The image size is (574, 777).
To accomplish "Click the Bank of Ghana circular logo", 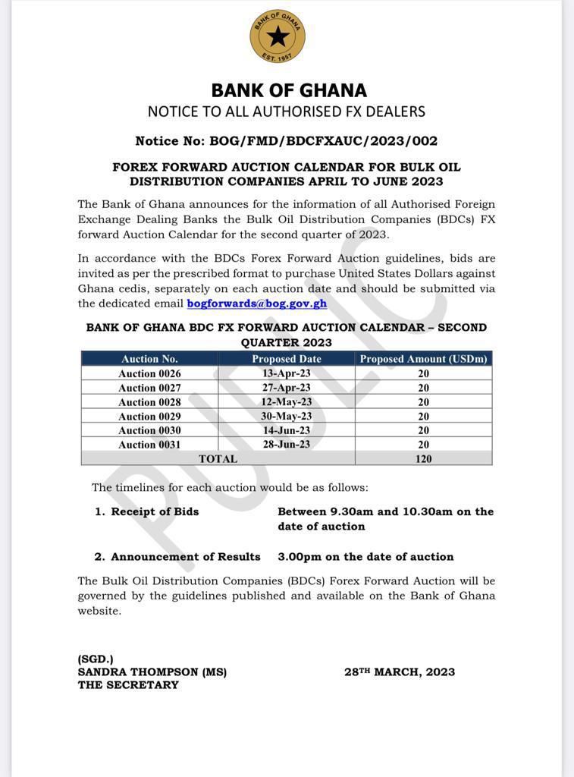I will click(277, 36).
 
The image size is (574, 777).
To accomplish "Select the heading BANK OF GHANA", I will click(288, 90).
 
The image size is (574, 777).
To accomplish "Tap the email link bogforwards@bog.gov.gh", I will click(257, 303).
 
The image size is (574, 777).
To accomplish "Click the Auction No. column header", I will click(149, 359).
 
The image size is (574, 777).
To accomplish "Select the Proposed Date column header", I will click(287, 359).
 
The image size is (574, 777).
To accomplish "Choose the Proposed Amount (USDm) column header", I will click(423, 359).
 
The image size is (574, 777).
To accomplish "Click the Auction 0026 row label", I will click(149, 373).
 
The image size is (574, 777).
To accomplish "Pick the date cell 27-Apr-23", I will click(287, 388).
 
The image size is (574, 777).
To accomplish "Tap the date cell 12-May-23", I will click(287, 401).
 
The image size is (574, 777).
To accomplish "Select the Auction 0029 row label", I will click(149, 416).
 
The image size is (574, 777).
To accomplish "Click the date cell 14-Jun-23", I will click(287, 430).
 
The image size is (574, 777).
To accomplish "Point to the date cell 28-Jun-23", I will click(287, 445).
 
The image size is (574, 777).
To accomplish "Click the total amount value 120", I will click(423, 459).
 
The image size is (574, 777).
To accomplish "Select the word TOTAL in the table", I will click(218, 459).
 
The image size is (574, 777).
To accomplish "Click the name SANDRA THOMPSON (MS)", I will click(152, 672).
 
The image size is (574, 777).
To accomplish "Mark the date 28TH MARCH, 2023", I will click(400, 672).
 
